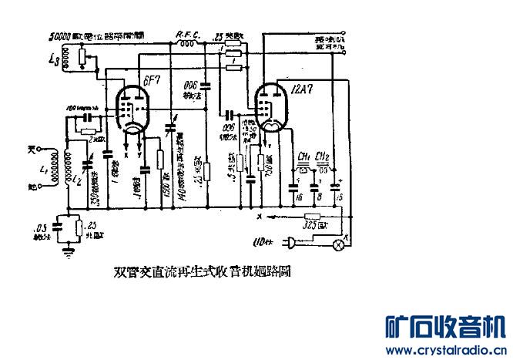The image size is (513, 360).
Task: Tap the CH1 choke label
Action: coord(303,156)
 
